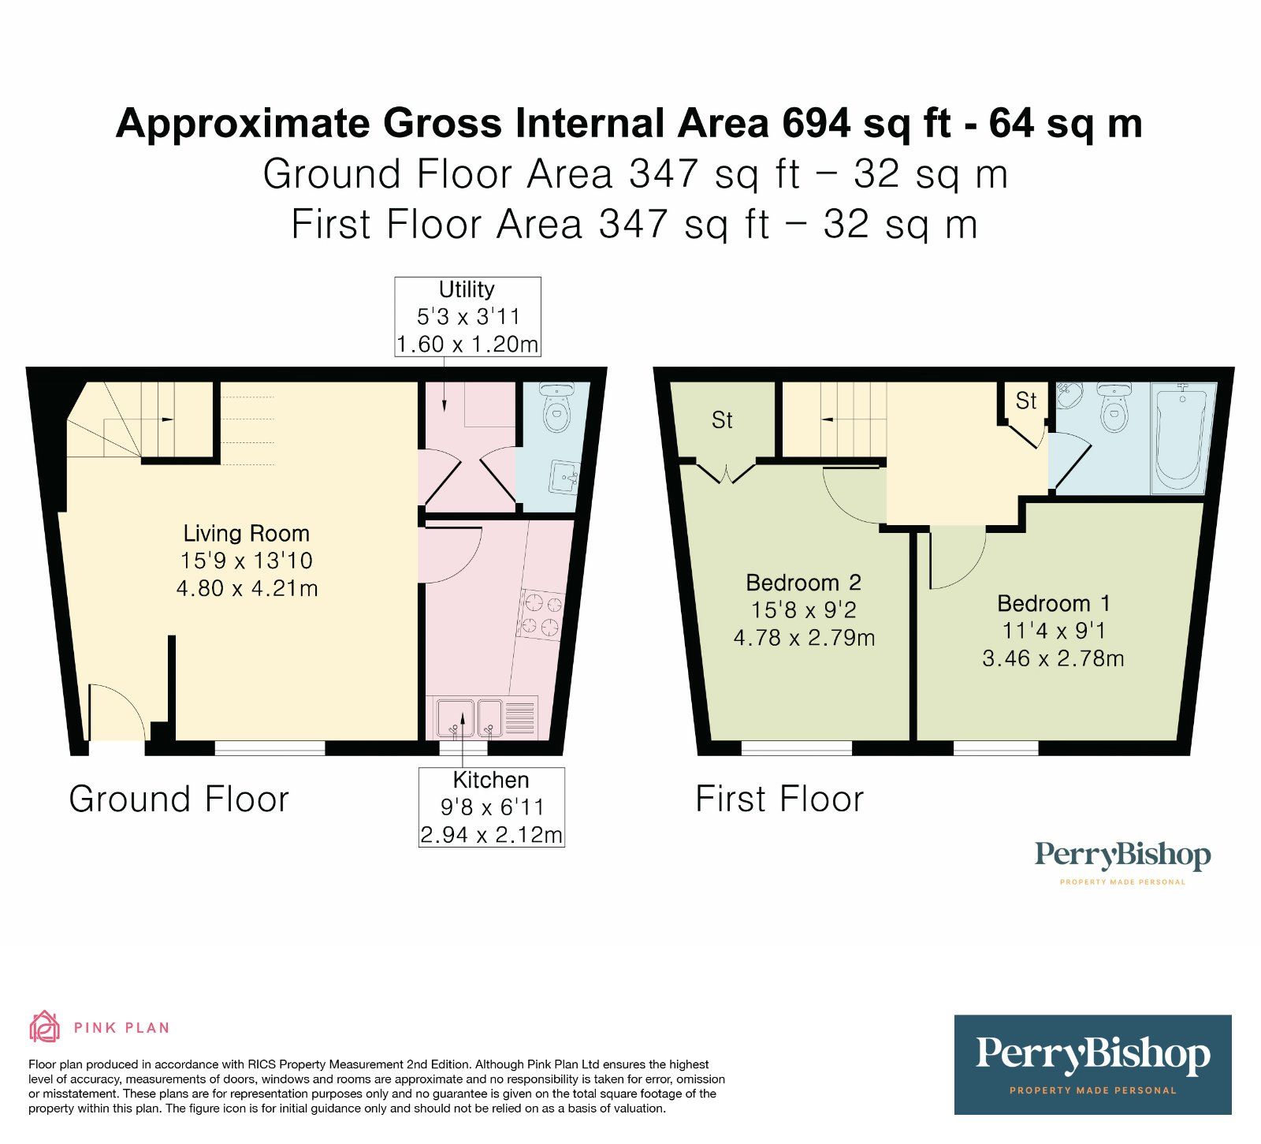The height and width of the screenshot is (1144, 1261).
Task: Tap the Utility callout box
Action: (x=467, y=317)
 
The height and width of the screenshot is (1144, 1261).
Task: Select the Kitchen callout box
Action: (x=491, y=807)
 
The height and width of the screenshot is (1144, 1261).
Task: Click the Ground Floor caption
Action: (x=179, y=799)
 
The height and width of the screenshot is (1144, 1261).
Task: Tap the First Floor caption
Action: (x=779, y=799)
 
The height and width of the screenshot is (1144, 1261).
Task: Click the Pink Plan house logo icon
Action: (x=45, y=1027)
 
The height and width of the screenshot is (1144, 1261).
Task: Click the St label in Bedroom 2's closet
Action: (x=722, y=420)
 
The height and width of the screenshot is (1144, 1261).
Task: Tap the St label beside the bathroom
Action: (x=1026, y=401)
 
